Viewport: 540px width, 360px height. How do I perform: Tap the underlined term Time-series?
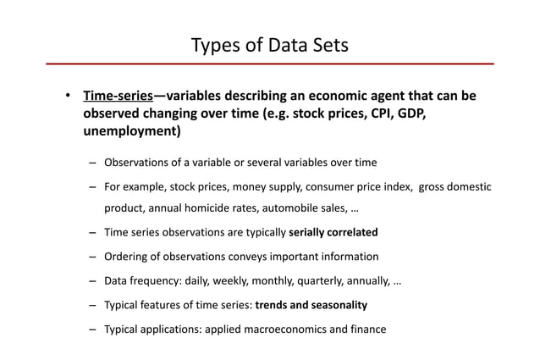(x=117, y=96)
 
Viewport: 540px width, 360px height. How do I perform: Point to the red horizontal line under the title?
(x=269, y=64)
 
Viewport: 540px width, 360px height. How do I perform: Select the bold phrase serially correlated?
(x=333, y=232)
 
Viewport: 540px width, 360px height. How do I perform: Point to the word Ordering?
(x=127, y=256)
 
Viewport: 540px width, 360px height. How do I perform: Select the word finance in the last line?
(x=366, y=329)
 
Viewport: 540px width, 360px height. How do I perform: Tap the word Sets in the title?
(x=329, y=44)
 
